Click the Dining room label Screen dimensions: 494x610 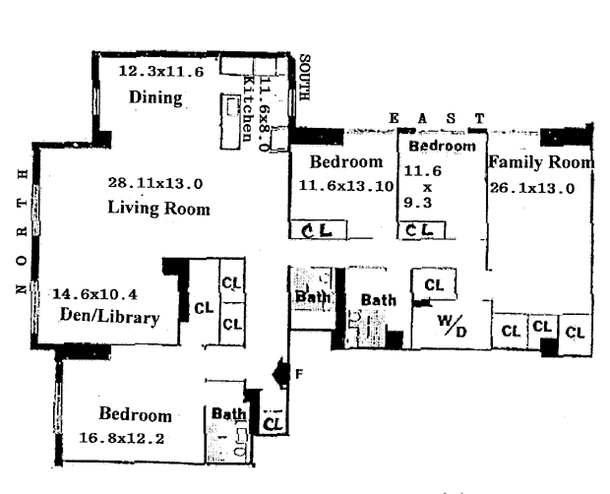tap(156, 96)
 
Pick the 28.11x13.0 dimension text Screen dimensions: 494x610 tap(155, 183)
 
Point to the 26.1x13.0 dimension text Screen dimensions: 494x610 tap(531, 188)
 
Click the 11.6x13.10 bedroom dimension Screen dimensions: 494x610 tap(337, 185)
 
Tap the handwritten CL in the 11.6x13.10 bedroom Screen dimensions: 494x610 tap(318, 230)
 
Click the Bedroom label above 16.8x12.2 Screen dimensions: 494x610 tap(135, 415)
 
